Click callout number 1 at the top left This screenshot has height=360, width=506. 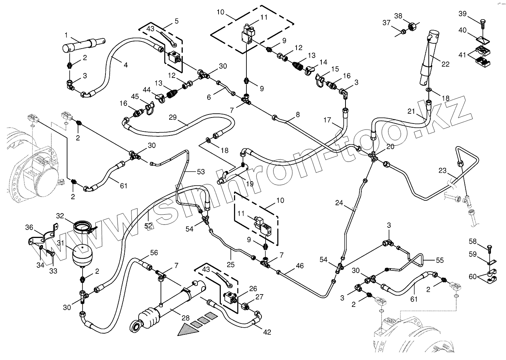[66, 35]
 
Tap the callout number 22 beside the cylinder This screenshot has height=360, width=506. [445, 64]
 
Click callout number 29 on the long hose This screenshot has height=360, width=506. [173, 117]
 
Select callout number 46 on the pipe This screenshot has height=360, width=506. [300, 266]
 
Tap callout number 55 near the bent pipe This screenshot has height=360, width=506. [439, 260]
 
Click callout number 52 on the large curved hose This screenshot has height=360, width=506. [149, 226]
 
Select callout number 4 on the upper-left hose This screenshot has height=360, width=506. [125, 65]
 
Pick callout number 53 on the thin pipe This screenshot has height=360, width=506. [201, 172]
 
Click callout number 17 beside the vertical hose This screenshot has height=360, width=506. [327, 121]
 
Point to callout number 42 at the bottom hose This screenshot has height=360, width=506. [267, 332]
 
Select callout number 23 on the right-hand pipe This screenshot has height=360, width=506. [443, 171]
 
